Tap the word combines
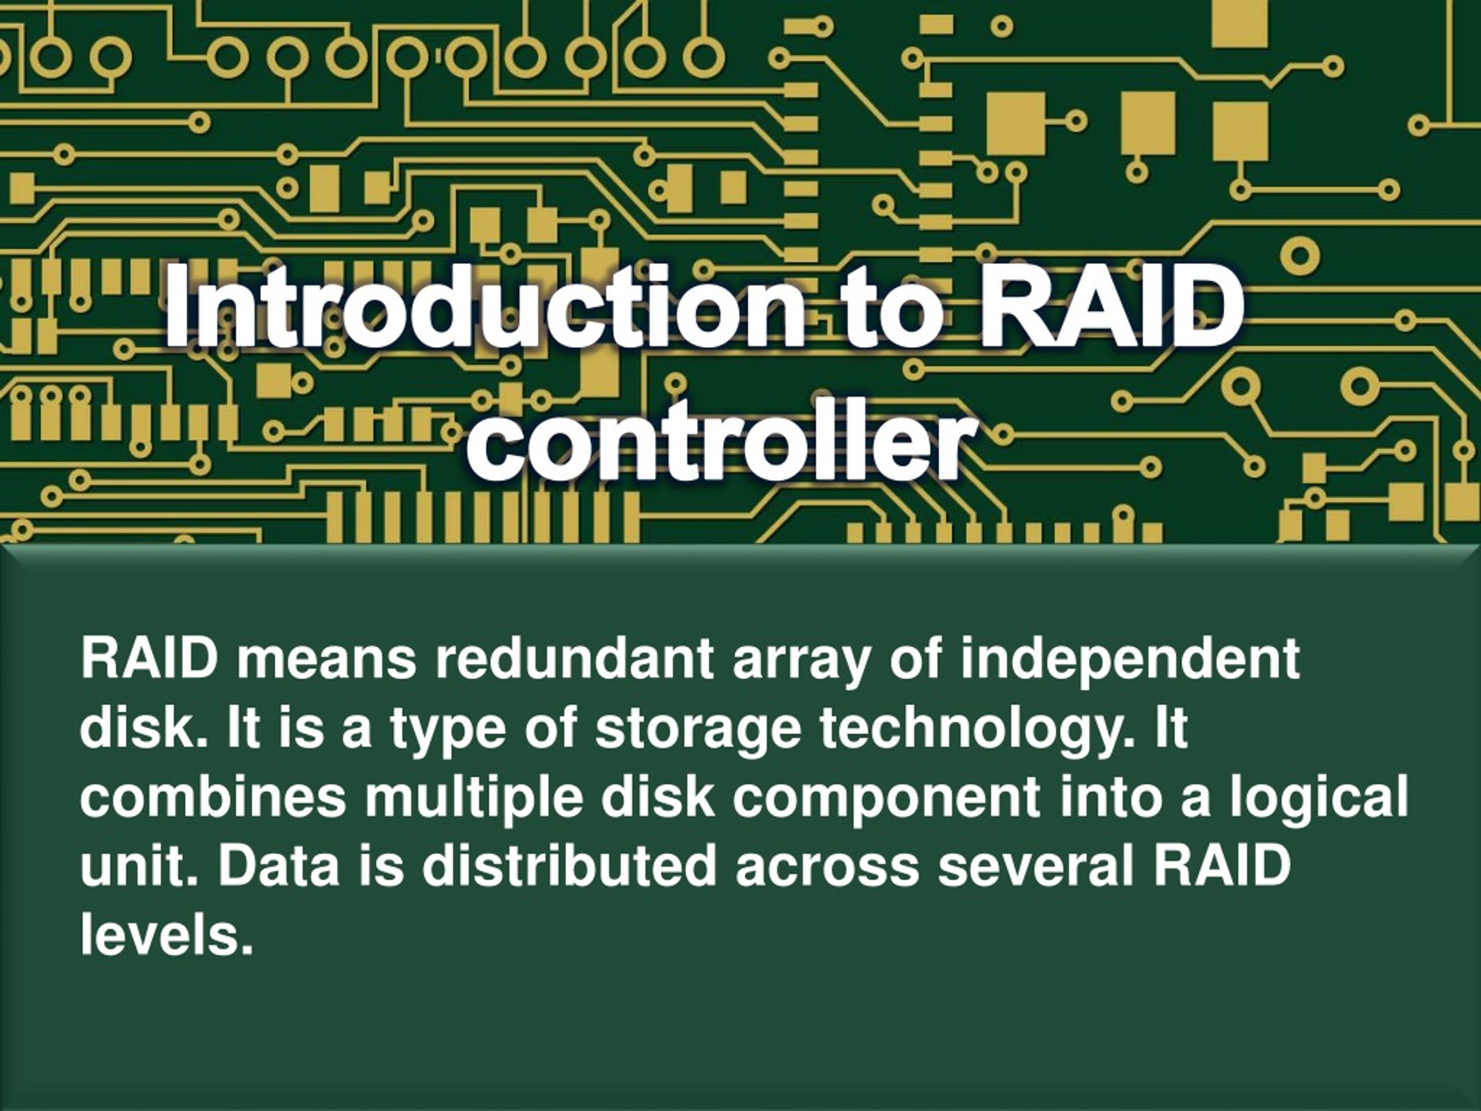pos(213,796)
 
